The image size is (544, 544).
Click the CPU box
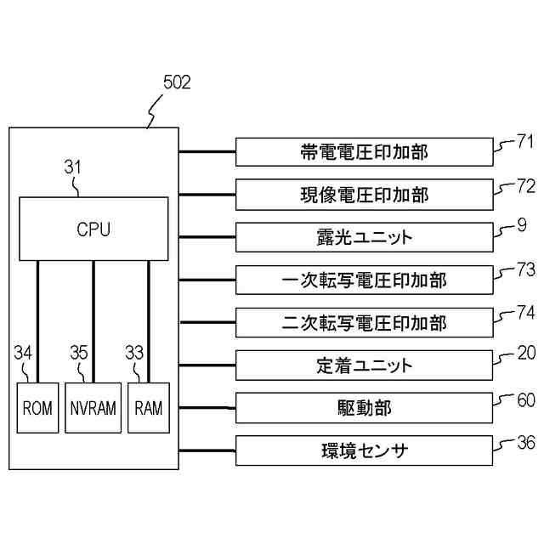point(93,229)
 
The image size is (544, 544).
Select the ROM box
point(37,408)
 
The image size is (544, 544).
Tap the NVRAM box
point(93,408)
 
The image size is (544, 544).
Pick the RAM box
point(149,408)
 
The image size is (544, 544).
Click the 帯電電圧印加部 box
point(364,153)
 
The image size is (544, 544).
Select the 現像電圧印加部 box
point(364,195)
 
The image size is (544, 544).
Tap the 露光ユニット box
point(364,237)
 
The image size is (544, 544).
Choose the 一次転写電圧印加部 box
point(364,280)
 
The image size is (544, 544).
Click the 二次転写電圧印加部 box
point(364,323)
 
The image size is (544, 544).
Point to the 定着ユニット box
point(364,365)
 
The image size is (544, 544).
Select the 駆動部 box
point(364,408)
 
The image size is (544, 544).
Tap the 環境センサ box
point(364,450)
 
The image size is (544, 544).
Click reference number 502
point(176,83)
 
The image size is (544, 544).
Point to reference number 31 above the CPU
point(74,168)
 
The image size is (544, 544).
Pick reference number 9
point(521,227)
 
